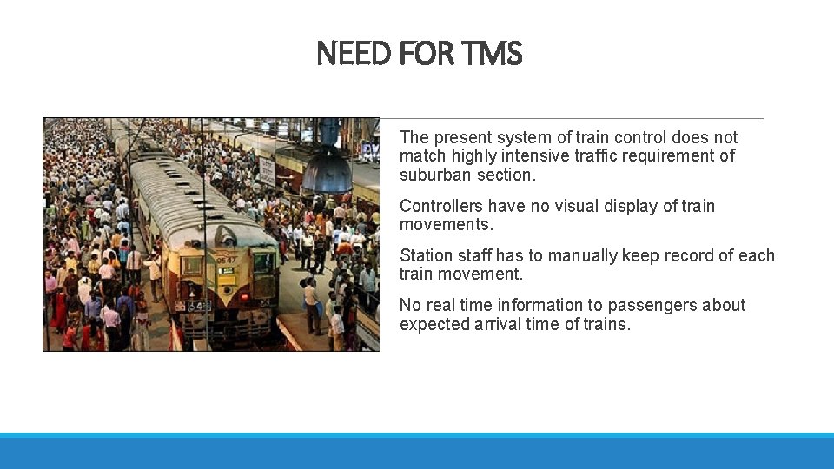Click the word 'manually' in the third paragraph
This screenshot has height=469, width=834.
coord(567,256)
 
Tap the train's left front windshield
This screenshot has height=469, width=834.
coord(193,265)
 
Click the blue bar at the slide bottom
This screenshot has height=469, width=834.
coord(417,451)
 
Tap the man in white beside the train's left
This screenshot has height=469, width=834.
coord(154,269)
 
